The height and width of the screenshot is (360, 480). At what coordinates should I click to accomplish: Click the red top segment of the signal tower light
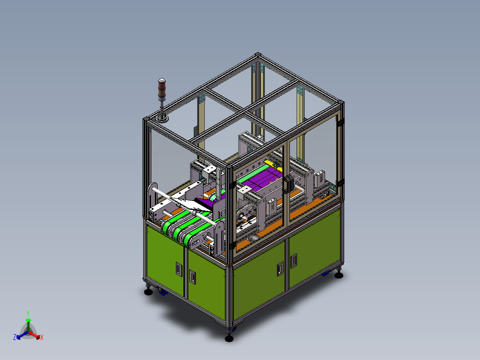click(x=162, y=81)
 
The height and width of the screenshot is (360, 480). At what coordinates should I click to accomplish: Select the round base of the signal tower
click(x=162, y=118)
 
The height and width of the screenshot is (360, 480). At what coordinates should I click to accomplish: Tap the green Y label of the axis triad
click(x=28, y=313)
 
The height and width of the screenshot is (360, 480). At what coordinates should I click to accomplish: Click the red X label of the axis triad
click(x=42, y=337)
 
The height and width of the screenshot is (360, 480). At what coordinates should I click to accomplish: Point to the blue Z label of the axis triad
click(x=15, y=337)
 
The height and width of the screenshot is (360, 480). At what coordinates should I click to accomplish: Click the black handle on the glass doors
click(x=288, y=184)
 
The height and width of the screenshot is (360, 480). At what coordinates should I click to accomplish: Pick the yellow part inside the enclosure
click(x=273, y=165)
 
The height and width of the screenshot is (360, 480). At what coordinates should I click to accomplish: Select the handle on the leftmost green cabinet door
click(x=179, y=269)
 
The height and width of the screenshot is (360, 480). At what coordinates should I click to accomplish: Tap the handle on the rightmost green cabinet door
click(x=293, y=261)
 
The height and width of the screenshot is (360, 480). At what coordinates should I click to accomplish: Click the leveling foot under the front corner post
click(x=229, y=338)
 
